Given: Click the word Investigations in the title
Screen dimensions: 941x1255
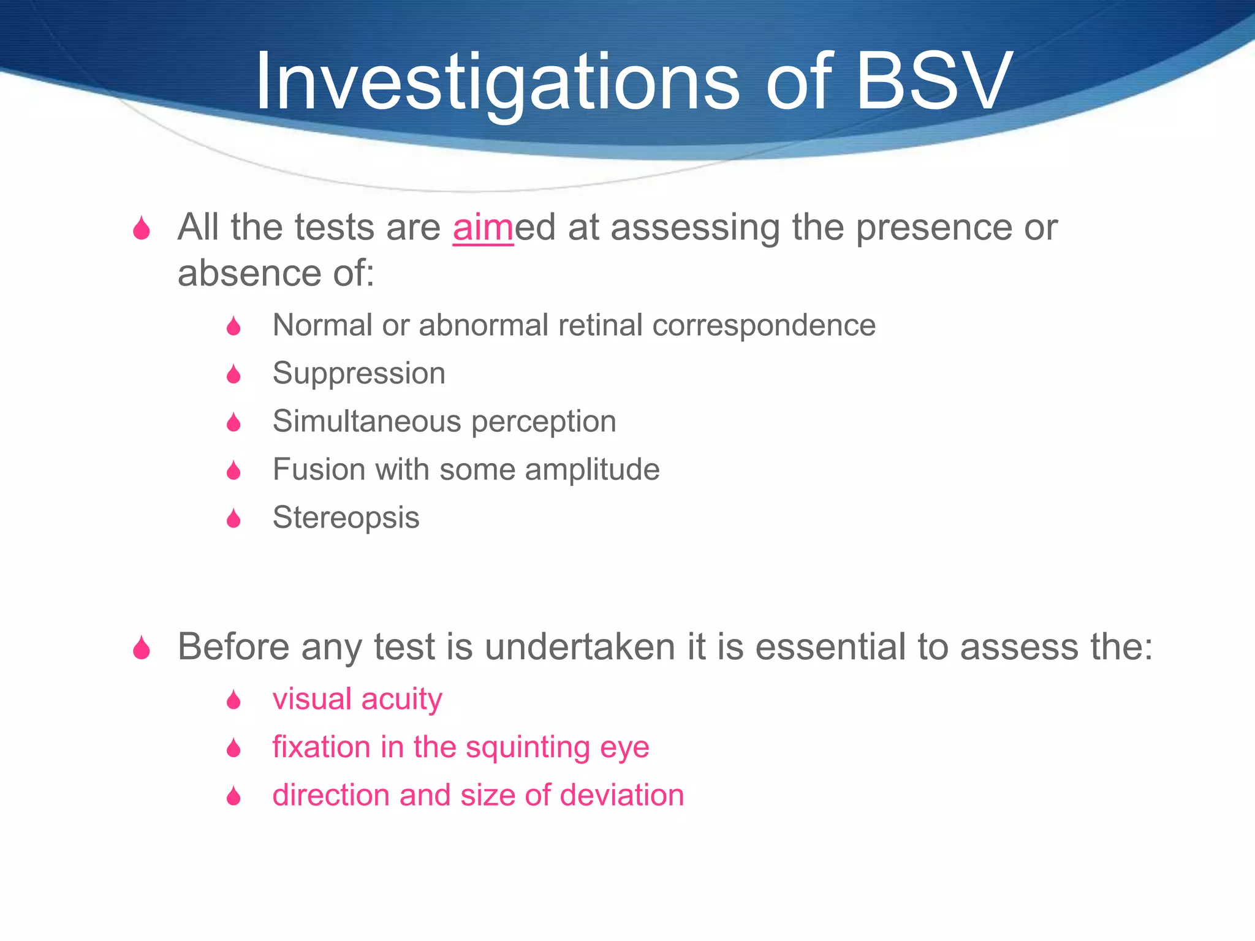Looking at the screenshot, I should [x=496, y=83].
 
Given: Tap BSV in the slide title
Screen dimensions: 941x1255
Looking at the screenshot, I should [x=933, y=83].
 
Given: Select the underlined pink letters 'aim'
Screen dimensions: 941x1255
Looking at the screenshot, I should [x=483, y=228].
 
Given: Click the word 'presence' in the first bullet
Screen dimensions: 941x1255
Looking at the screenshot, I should [x=933, y=228].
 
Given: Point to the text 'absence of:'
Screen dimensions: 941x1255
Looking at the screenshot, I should [x=276, y=273].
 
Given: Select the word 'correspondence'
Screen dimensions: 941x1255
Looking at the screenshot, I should [x=764, y=325].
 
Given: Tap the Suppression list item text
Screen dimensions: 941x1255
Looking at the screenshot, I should [x=358, y=374].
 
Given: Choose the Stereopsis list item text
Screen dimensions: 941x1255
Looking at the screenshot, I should [x=346, y=518].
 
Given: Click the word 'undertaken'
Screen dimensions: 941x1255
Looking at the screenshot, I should [x=580, y=647].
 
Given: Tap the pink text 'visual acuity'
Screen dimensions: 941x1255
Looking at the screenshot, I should [x=357, y=699].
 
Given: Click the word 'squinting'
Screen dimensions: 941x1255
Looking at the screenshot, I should [x=529, y=747].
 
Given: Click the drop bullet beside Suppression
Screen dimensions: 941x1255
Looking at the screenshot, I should [x=233, y=374].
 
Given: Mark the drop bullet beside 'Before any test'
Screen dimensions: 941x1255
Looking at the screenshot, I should [x=142, y=648].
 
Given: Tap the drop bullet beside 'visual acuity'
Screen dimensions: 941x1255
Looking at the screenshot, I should [x=233, y=700].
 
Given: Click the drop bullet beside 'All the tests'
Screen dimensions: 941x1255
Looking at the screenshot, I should [x=142, y=229].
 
